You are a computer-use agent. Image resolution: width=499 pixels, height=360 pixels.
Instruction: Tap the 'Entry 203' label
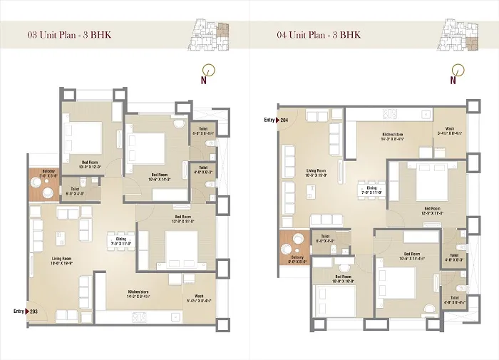coord(27,311)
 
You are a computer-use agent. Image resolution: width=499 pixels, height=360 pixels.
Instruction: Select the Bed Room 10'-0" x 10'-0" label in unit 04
coord(343,279)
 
